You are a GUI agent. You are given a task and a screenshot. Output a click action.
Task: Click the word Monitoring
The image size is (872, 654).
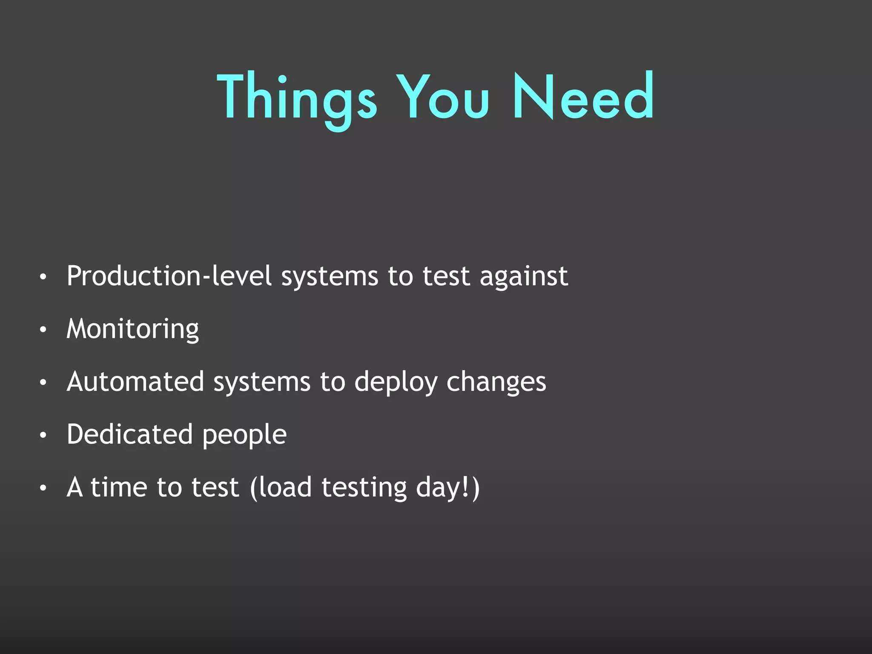133,330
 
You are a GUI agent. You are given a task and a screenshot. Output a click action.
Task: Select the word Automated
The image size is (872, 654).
135,381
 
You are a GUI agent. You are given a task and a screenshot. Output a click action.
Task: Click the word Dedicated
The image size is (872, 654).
129,434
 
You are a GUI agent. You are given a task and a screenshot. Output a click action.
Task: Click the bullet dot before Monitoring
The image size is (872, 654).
43,330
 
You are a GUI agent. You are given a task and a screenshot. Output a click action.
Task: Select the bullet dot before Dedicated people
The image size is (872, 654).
43,436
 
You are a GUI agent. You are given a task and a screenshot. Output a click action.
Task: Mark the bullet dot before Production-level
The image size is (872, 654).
43,277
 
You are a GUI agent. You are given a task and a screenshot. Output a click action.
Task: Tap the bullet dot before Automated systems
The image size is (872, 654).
43,383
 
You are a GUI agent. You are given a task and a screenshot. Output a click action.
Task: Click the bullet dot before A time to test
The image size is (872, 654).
43,488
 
